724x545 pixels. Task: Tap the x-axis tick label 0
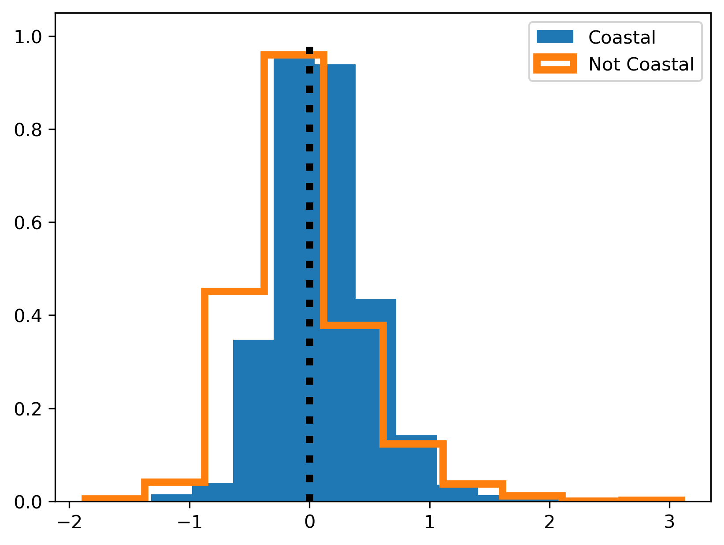click(x=309, y=523)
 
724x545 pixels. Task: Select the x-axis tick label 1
click(x=429, y=523)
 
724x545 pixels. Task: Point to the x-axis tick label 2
click(x=549, y=523)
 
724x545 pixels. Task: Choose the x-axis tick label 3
click(x=669, y=523)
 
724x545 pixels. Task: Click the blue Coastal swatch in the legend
click(x=554, y=37)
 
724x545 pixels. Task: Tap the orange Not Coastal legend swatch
click(x=554, y=64)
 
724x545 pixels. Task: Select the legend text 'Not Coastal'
click(x=641, y=64)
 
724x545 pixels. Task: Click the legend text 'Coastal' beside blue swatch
click(x=622, y=37)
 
